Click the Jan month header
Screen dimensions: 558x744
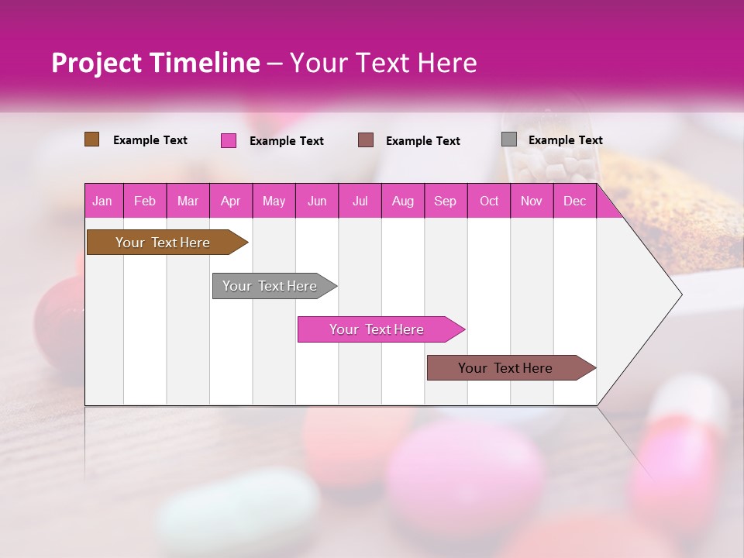click(102, 201)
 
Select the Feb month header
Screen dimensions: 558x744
click(145, 201)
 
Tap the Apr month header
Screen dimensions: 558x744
click(230, 201)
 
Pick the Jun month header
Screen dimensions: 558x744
click(317, 201)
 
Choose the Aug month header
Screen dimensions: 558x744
click(402, 201)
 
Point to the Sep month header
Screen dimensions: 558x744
click(445, 201)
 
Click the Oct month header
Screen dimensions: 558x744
click(489, 201)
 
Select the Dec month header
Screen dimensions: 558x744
click(574, 201)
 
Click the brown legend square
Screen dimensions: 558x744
click(92, 139)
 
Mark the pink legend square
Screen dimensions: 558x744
click(229, 140)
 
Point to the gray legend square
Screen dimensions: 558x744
click(509, 139)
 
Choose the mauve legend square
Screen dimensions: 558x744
click(366, 140)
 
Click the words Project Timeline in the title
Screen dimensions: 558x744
click(156, 63)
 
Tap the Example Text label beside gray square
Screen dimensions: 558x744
click(565, 140)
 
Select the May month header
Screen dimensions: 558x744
click(274, 201)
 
